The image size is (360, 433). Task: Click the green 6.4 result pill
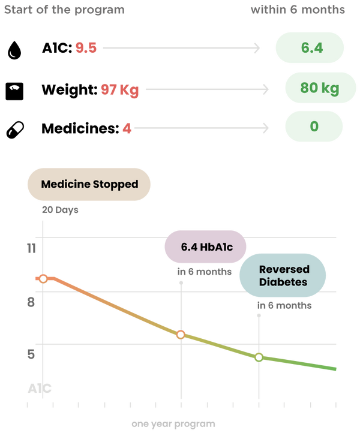310,48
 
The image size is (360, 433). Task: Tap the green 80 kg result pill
320,88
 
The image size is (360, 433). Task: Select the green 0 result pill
314,127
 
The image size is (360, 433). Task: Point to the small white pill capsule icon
15,129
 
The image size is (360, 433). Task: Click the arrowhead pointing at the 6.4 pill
257,48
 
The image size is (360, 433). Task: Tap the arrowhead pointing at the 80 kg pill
266,89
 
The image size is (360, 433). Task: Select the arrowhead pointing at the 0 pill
266,128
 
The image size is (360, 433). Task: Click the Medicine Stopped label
89,184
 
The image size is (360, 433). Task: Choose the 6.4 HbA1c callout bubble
205,246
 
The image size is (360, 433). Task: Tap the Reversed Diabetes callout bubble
283,276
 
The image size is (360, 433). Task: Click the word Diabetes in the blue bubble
283,282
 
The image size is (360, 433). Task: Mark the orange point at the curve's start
43,279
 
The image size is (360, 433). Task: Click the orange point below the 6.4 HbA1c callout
181,335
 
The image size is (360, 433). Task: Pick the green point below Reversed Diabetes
259,357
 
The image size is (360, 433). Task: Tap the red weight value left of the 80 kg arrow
119,90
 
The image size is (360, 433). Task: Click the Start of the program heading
63,10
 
